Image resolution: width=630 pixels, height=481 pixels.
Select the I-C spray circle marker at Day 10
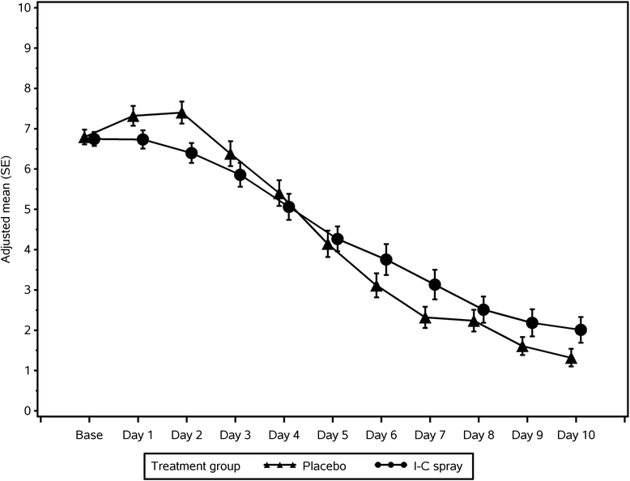(x=581, y=330)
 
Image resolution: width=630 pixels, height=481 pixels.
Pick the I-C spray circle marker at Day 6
(x=386, y=260)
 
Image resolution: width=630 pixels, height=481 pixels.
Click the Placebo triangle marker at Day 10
(x=571, y=358)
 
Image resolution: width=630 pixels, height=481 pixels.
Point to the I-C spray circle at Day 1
(x=143, y=139)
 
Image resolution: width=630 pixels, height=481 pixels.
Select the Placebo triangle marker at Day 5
(x=328, y=245)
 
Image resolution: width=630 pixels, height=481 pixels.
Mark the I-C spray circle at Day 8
(x=483, y=309)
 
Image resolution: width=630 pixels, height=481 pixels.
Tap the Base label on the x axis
(x=89, y=435)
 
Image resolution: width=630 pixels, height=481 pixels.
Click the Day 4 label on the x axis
(x=283, y=435)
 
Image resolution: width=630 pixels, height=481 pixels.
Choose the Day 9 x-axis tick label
(x=527, y=435)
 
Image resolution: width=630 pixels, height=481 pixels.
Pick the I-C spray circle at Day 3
(x=241, y=175)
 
